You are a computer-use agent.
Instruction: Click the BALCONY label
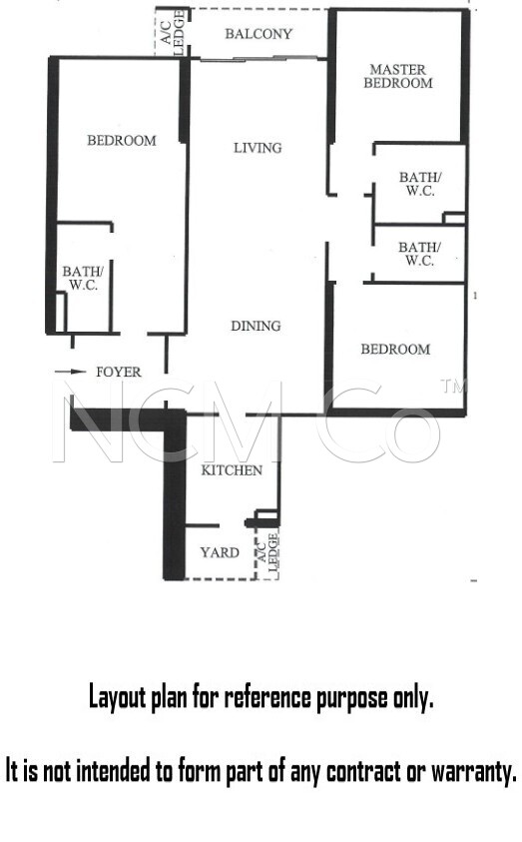[x=259, y=34]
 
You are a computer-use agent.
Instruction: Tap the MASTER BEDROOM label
[x=398, y=76]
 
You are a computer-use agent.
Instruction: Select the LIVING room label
[x=258, y=148]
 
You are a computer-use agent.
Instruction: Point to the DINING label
[x=256, y=326]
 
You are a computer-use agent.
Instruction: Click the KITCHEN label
[x=232, y=470]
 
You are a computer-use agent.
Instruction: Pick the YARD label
[x=220, y=552]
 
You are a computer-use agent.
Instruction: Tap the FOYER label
[x=119, y=372]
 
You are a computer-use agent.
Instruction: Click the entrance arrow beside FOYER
[x=70, y=372]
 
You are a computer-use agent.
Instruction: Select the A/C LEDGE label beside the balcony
[x=173, y=33]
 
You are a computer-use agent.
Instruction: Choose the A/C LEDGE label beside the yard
[x=267, y=552]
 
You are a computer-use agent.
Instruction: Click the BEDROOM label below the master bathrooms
[x=395, y=349]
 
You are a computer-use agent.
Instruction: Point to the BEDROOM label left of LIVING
[x=122, y=140]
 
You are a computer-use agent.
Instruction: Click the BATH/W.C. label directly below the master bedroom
[x=420, y=184]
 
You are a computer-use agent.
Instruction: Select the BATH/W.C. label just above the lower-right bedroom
[x=419, y=254]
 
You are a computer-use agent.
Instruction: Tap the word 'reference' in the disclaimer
[x=267, y=697]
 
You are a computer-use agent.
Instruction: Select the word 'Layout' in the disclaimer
[x=118, y=697]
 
